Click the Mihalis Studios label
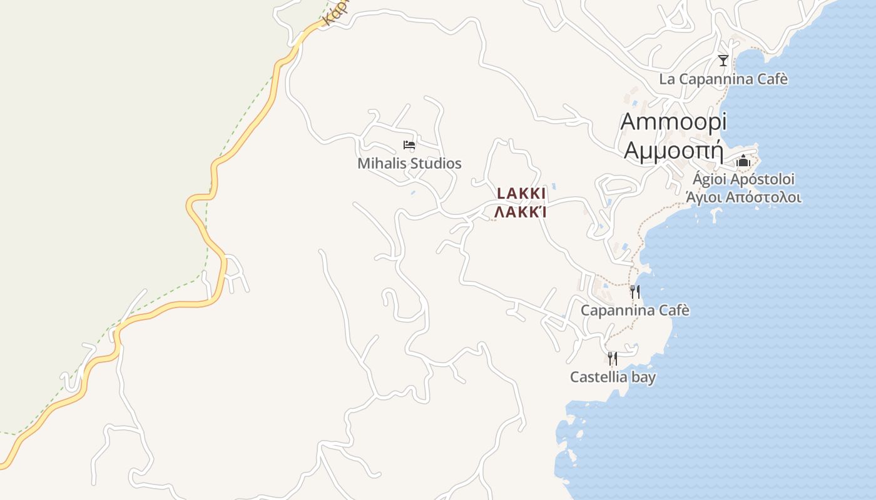(409, 164)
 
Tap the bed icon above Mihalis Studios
(409, 146)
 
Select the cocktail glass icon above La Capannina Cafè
(723, 61)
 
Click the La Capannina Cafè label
(723, 79)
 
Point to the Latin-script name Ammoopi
(673, 122)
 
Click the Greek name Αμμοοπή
(673, 151)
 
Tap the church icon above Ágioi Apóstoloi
(743, 161)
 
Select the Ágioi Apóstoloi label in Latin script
(743, 179)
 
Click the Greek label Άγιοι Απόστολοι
(743, 197)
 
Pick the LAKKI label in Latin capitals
(521, 194)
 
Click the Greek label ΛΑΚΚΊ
(521, 212)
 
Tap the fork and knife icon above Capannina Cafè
(634, 292)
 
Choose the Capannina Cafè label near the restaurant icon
(634, 311)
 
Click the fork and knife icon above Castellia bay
(613, 358)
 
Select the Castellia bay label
(613, 377)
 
